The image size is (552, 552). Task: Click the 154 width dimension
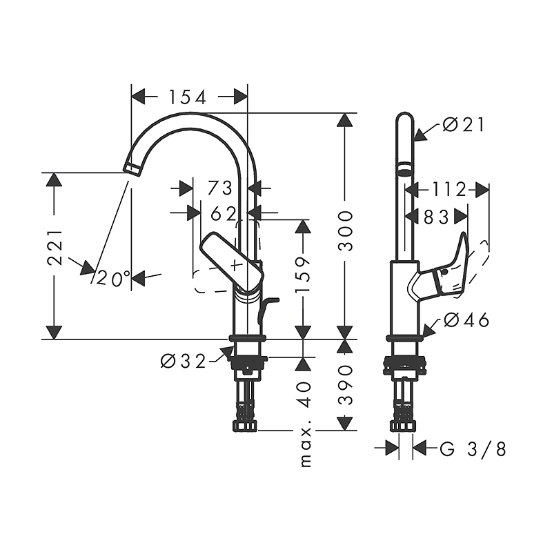coord(189,97)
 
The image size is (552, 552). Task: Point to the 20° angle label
coord(113,279)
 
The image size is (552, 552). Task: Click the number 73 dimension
coord(219,187)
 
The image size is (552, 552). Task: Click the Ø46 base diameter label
coord(466,320)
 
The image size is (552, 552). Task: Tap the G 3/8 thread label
coord(473,450)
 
